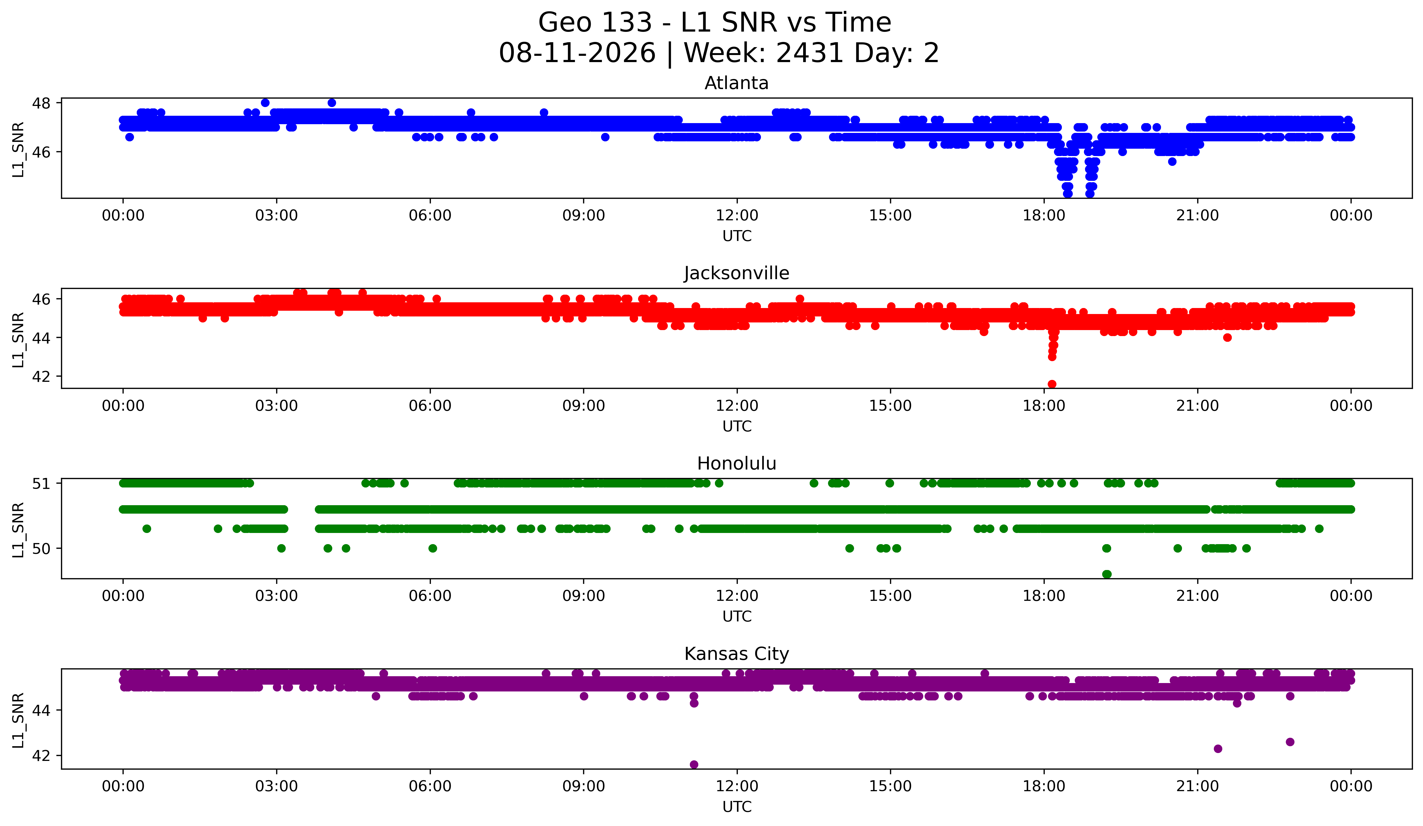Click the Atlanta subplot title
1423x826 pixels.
736,83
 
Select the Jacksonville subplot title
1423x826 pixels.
736,273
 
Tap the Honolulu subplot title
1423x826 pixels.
736,464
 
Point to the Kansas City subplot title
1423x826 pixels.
736,654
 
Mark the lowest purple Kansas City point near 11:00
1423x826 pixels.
694,764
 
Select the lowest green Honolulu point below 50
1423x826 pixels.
1107,574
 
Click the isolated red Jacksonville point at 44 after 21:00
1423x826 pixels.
1227,338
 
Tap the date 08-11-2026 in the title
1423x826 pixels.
577,53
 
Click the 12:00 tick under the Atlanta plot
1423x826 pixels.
737,216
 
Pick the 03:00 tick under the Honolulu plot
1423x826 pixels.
277,596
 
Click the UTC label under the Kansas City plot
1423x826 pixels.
737,807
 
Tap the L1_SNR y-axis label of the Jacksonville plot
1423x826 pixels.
18,340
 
